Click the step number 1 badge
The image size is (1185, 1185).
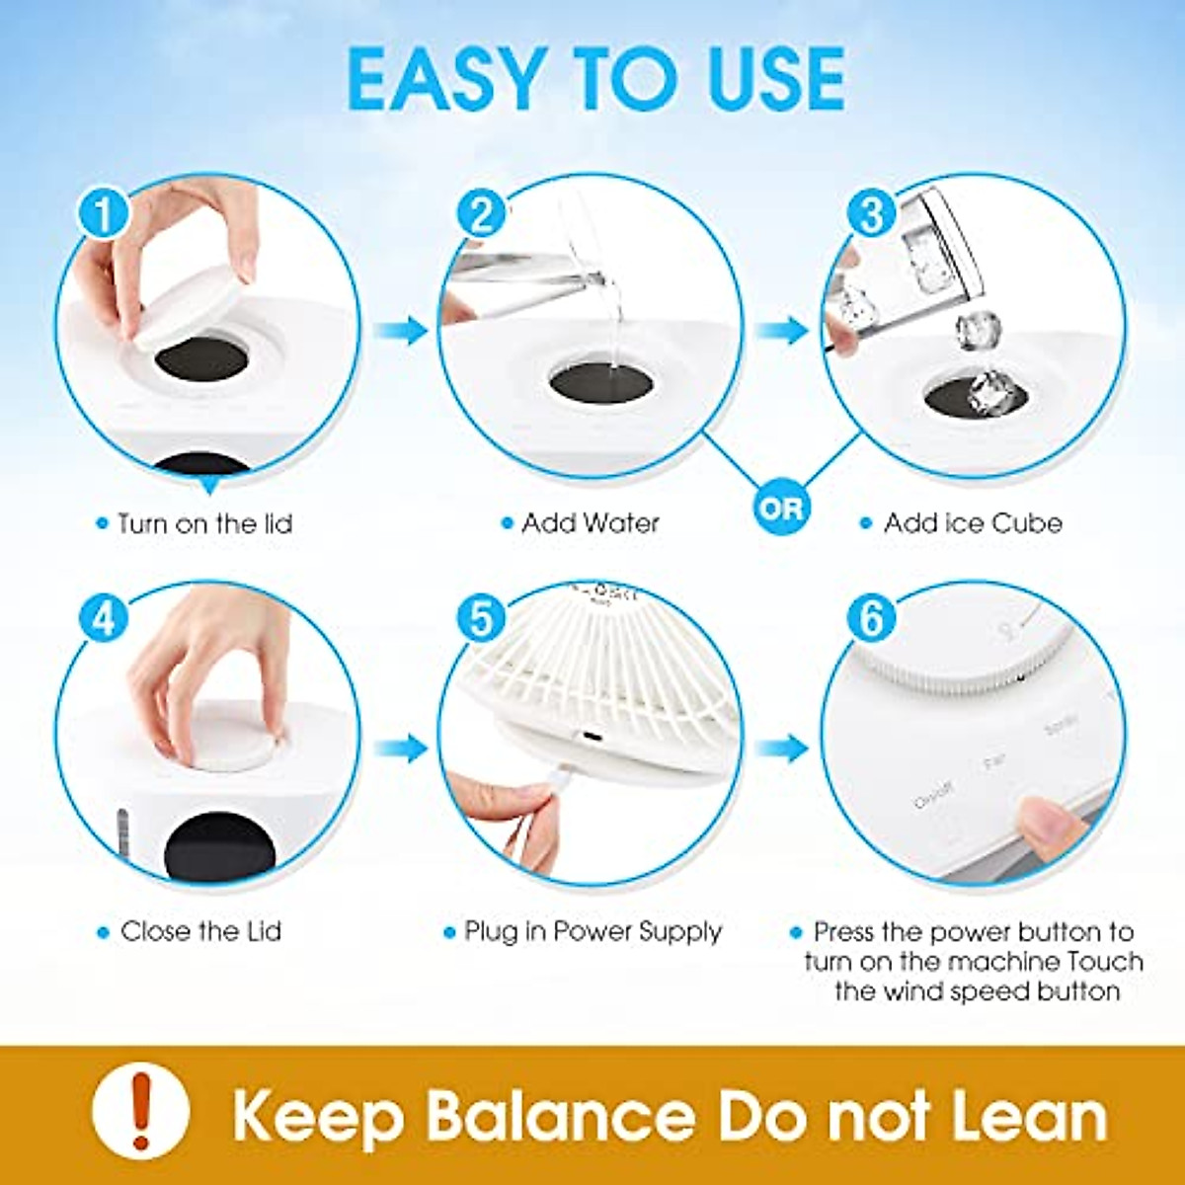(104, 214)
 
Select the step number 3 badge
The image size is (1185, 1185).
(871, 214)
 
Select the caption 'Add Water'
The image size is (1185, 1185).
(590, 523)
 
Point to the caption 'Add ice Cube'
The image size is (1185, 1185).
(972, 523)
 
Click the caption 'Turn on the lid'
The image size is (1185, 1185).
(204, 523)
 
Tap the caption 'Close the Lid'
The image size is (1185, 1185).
(200, 931)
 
